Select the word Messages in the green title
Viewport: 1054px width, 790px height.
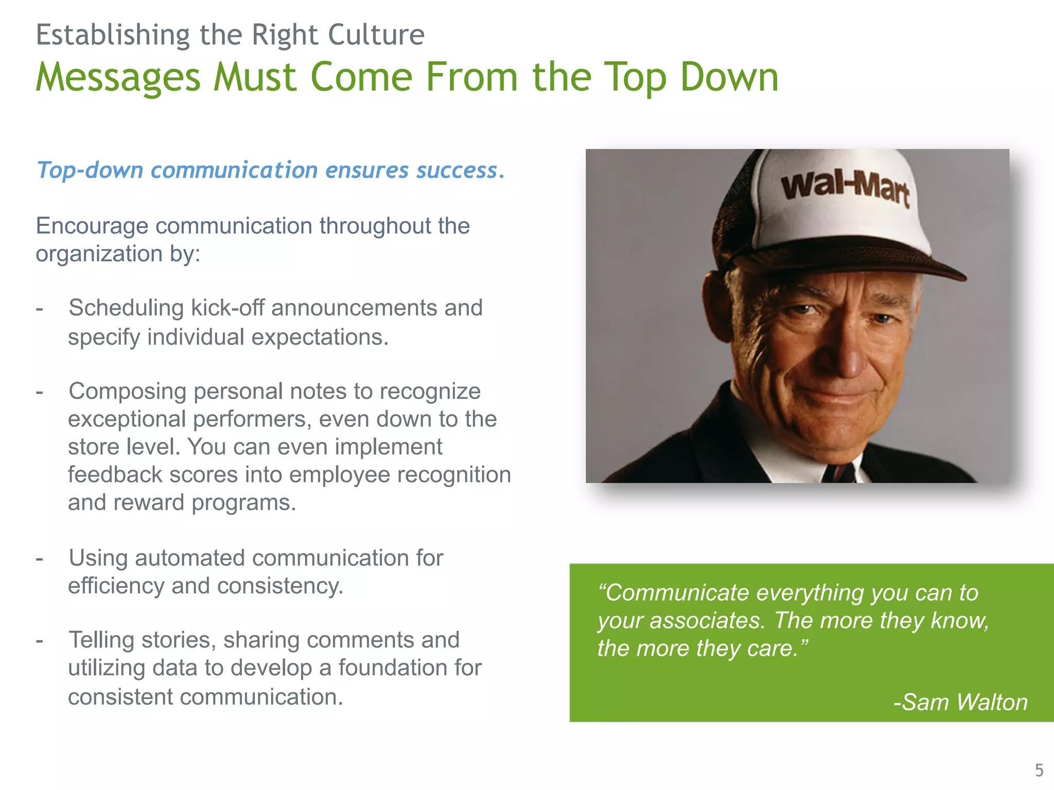[118, 77]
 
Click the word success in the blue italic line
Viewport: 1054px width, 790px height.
[457, 170]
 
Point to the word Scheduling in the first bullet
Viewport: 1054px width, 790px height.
[126, 308]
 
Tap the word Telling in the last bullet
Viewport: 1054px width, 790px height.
[101, 640]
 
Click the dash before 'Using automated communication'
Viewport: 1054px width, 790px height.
[40, 558]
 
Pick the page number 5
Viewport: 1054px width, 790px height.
[1039, 770]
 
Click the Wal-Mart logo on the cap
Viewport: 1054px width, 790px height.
[845, 188]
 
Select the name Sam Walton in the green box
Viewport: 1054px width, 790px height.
[965, 702]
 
